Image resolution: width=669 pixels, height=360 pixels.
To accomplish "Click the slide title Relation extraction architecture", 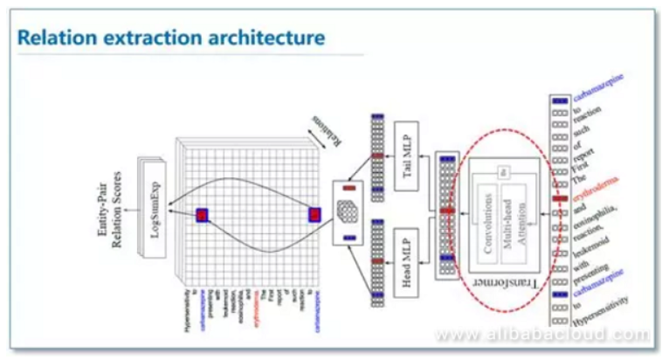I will (x=171, y=38).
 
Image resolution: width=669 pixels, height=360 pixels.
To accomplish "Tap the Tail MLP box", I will (x=408, y=152).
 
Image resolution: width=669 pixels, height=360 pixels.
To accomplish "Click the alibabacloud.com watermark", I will (x=542, y=334).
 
